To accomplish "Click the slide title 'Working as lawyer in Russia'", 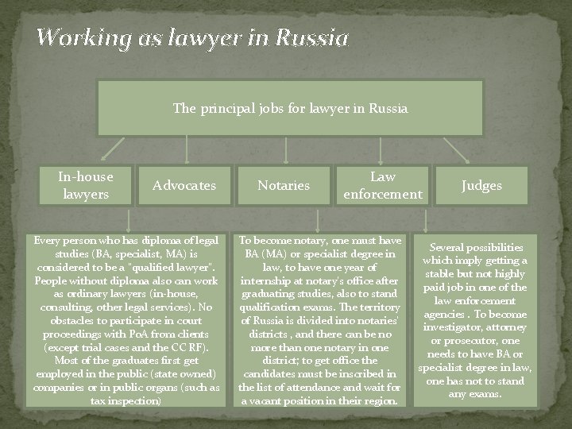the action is tap(192, 37).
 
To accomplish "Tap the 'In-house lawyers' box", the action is tap(86, 184).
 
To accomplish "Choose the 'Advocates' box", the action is tap(184, 185).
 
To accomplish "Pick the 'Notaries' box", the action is tap(284, 185).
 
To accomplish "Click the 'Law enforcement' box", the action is tap(383, 185).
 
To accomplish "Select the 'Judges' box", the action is tap(482, 185).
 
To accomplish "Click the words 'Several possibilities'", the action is tap(475, 248).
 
